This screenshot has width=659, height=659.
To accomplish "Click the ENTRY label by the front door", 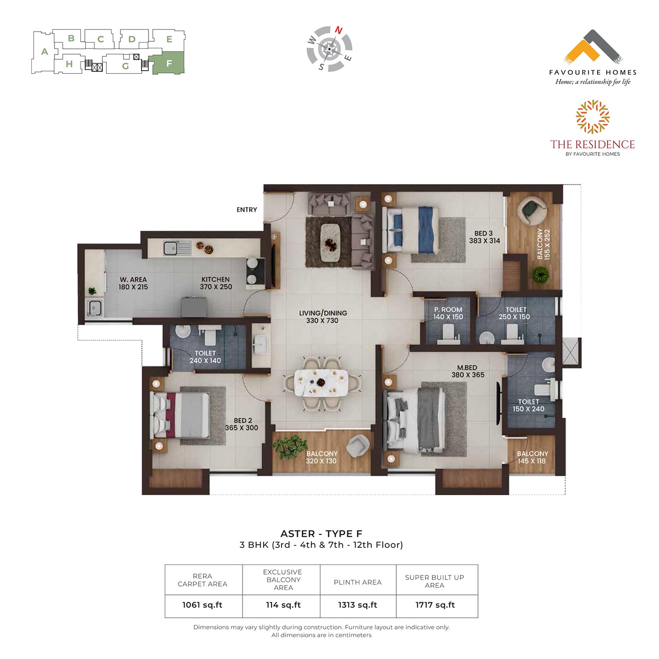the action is pyautogui.click(x=246, y=210).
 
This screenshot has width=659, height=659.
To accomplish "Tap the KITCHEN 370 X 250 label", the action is pyautogui.click(x=216, y=283).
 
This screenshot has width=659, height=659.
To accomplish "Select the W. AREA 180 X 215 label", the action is pyautogui.click(x=133, y=283).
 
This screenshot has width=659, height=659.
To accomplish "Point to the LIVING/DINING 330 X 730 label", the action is pyautogui.click(x=323, y=317).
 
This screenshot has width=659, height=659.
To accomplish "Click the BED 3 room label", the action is pyautogui.click(x=485, y=237).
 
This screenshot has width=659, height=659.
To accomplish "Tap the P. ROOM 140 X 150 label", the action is pyautogui.click(x=448, y=313).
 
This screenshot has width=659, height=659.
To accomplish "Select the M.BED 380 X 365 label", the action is pyautogui.click(x=468, y=371).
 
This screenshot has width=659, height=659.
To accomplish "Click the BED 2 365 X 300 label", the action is pyautogui.click(x=242, y=424).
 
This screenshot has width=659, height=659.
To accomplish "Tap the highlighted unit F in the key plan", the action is pyautogui.click(x=167, y=62).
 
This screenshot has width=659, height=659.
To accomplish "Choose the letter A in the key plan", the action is pyautogui.click(x=44, y=52).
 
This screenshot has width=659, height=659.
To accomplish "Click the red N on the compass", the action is pyautogui.click(x=339, y=30).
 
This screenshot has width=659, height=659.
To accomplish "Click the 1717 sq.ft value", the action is pyautogui.click(x=435, y=605).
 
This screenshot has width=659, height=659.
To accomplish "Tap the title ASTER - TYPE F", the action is pyautogui.click(x=321, y=534).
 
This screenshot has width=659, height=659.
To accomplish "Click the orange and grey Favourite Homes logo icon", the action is pyautogui.click(x=593, y=46).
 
